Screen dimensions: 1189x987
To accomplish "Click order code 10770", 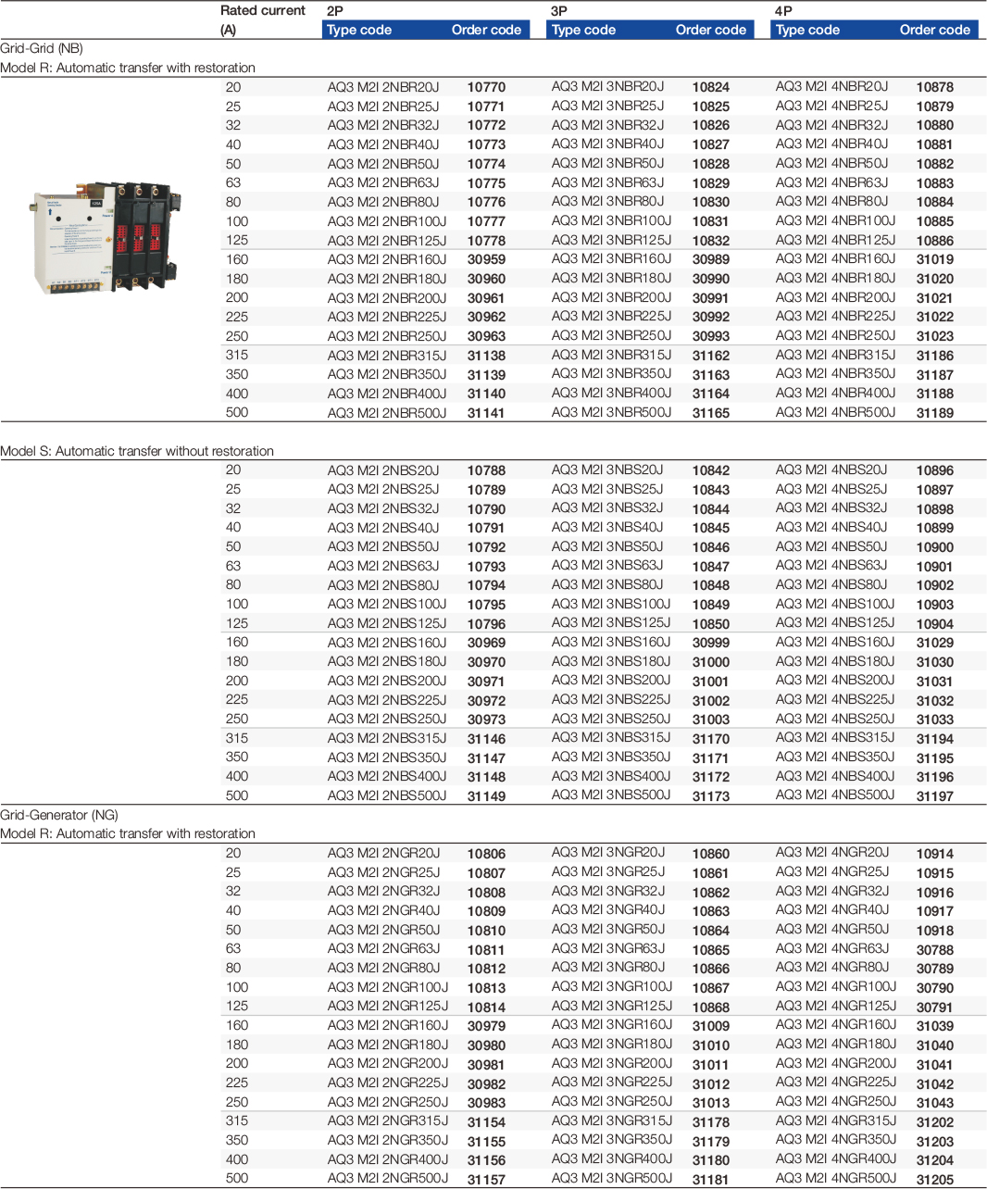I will click(x=486, y=87).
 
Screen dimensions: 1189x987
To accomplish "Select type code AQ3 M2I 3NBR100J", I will click(x=611, y=221).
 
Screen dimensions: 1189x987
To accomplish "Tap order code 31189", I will click(x=934, y=413).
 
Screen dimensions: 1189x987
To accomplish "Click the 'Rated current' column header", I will click(x=262, y=11).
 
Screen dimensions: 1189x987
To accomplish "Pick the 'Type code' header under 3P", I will click(x=583, y=30).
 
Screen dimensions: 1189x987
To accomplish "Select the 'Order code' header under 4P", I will click(x=934, y=30).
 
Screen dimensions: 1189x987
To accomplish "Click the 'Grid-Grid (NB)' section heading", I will click(x=42, y=48).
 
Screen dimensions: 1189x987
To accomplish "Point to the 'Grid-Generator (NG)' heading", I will click(x=59, y=815).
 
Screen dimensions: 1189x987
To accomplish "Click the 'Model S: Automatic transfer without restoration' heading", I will click(x=137, y=451).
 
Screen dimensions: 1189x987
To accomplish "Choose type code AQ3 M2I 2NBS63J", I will click(x=382, y=566).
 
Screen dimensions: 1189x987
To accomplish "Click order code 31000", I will click(x=710, y=662).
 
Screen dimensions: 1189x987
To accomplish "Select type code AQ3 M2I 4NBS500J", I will click(x=835, y=795).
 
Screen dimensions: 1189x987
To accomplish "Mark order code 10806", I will click(x=486, y=854).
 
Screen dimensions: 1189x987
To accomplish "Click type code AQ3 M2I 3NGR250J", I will click(x=611, y=1102).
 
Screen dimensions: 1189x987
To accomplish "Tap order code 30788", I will click(x=934, y=949).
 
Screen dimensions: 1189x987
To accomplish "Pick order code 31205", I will click(x=934, y=1180).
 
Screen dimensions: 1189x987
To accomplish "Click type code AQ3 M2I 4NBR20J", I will click(x=831, y=87).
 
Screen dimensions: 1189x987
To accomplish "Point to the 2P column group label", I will click(x=335, y=11).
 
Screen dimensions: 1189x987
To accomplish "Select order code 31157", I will click(x=486, y=1180).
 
